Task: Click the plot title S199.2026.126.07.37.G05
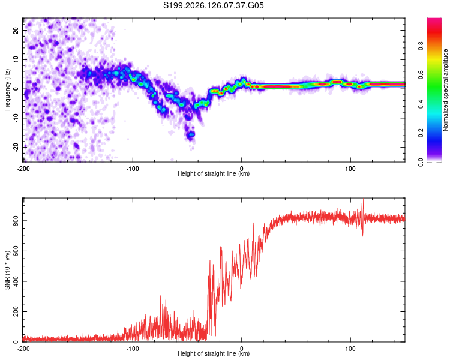pyautogui.click(x=213, y=5)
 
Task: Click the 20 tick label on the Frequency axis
pyautogui.click(x=16, y=31)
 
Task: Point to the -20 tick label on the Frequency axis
pyautogui.click(x=16, y=147)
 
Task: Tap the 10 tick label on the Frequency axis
pyautogui.click(x=16, y=59)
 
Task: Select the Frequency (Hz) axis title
pyautogui.click(x=7, y=90)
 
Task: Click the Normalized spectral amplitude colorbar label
pyautogui.click(x=445, y=90)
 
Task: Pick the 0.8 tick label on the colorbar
pyautogui.click(x=421, y=46)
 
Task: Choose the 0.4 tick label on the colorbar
pyautogui.click(x=421, y=104)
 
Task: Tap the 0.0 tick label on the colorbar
pyautogui.click(x=421, y=162)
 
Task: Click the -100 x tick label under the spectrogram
pyautogui.click(x=133, y=169)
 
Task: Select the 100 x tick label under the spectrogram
pyautogui.click(x=350, y=169)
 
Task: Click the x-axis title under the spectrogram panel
pyautogui.click(x=214, y=173)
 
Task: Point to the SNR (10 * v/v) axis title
pyautogui.click(x=7, y=270)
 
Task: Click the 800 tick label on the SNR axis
pyautogui.click(x=16, y=221)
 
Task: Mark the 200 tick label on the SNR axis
pyautogui.click(x=16, y=311)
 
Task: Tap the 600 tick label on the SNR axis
pyautogui.click(x=16, y=251)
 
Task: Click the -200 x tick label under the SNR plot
pyautogui.click(x=23, y=349)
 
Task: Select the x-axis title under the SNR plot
pyautogui.click(x=214, y=353)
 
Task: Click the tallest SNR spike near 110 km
pyautogui.click(x=364, y=199)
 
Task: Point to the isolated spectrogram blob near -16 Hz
pyautogui.click(x=191, y=134)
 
